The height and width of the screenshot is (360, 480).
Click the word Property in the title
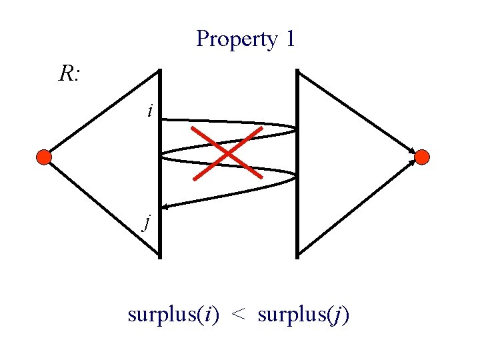point(237,39)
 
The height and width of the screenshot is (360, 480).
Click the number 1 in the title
point(289,39)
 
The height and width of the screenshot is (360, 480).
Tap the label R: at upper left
point(69,75)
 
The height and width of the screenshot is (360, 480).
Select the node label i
point(150,111)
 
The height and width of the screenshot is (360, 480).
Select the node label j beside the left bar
point(147,221)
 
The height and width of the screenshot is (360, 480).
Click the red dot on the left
point(43,157)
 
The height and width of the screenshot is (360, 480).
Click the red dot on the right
point(422,157)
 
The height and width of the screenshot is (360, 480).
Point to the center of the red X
point(227,153)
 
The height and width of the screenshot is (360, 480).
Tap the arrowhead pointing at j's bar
point(165,208)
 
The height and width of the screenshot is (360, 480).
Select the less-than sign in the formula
point(238,314)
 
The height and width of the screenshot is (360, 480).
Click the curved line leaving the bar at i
point(227,122)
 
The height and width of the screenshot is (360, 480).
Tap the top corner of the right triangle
point(299,71)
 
